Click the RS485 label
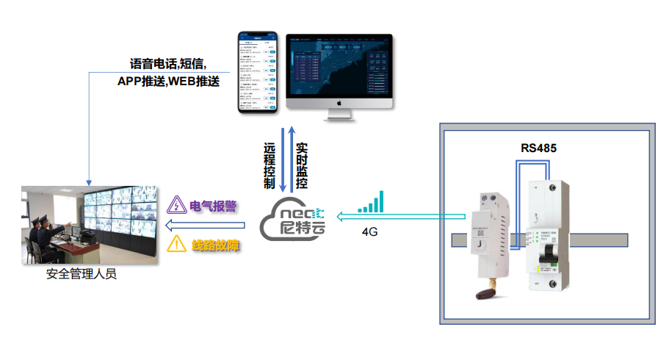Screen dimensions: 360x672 (538, 148)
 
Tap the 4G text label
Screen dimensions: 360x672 (370, 231)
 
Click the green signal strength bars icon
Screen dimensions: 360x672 (370, 203)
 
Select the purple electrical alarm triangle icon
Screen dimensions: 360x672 (176, 205)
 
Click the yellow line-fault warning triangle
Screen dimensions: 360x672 (176, 245)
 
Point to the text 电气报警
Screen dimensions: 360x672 (213, 206)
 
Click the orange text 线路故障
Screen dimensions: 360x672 (215, 245)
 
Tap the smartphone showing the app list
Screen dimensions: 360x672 (257, 71)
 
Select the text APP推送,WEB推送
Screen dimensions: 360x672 (168, 81)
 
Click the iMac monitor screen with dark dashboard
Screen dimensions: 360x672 (339, 67)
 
